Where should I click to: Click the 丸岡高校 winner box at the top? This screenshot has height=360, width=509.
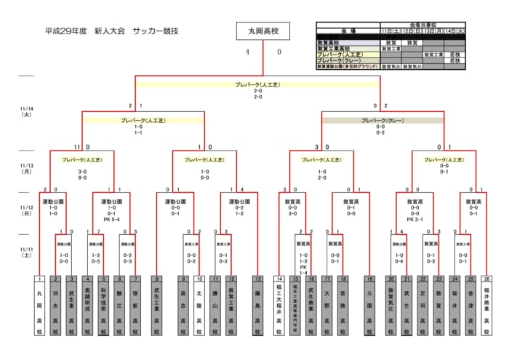(263, 31)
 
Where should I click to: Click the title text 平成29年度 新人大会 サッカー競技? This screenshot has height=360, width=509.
(111, 31)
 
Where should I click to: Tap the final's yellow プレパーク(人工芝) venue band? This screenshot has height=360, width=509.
(259, 84)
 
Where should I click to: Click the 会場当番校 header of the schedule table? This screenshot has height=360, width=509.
(422, 25)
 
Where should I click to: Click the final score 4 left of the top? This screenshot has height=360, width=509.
(247, 52)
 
